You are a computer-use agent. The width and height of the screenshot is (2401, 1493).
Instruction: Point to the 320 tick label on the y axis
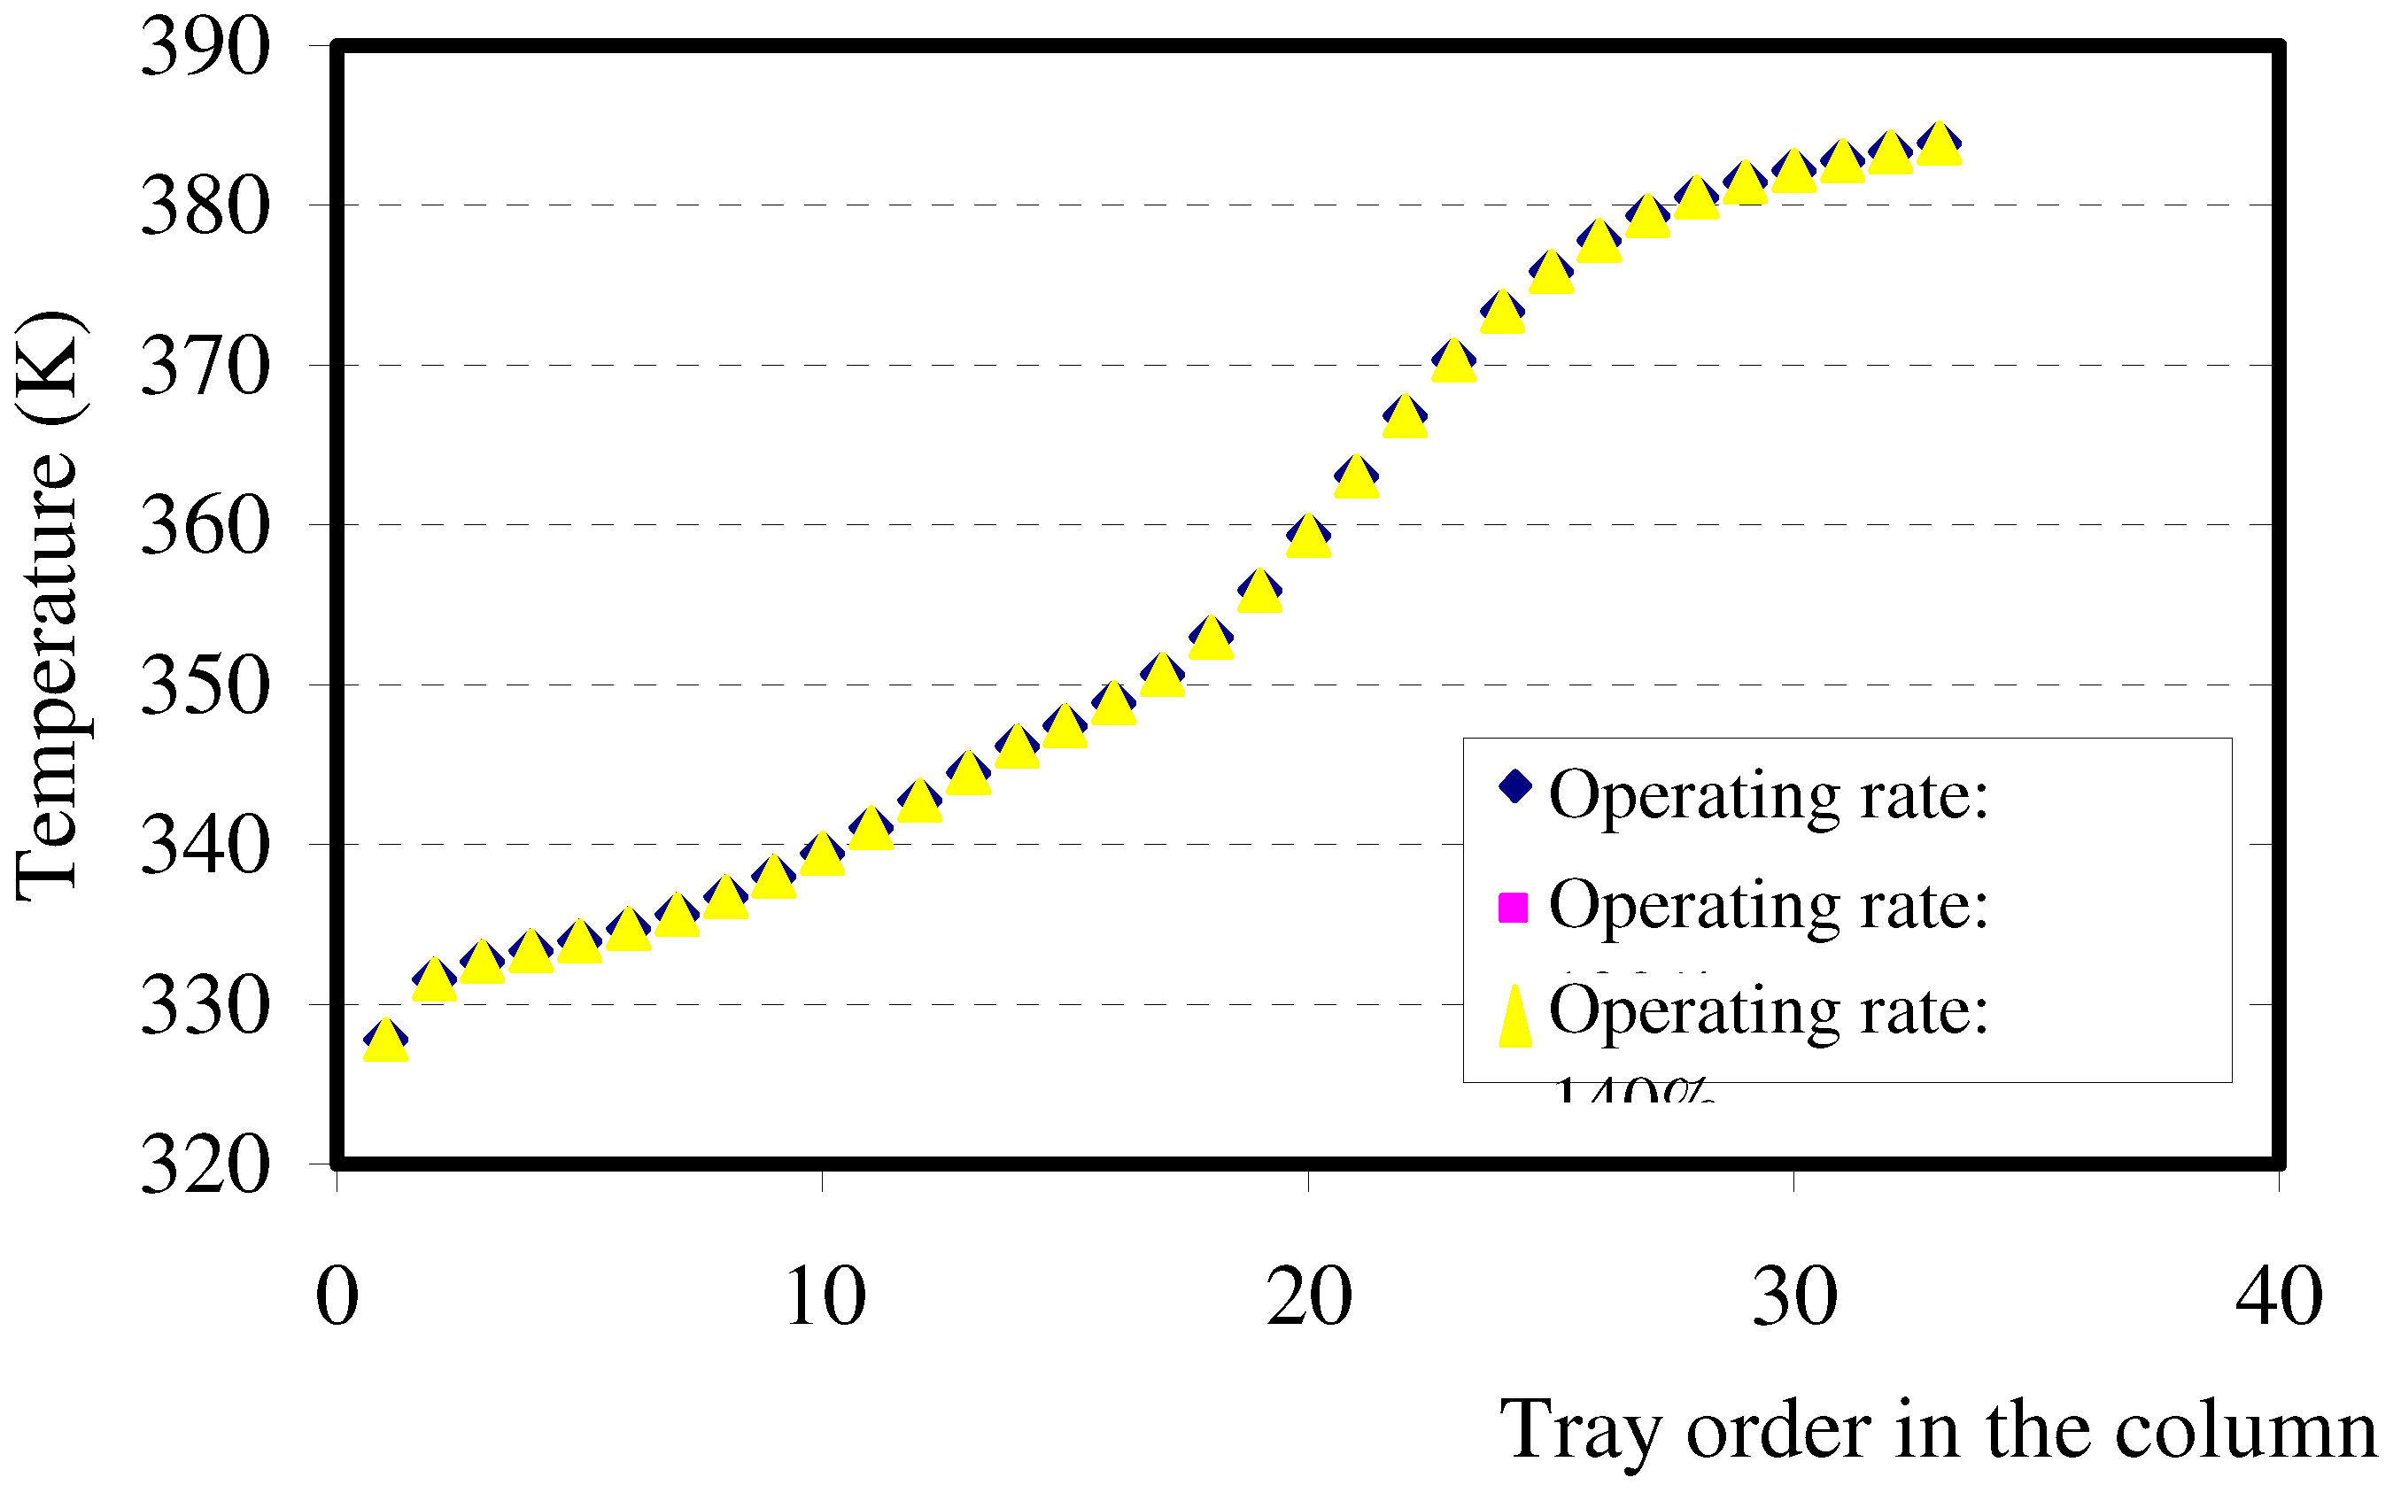(205, 1165)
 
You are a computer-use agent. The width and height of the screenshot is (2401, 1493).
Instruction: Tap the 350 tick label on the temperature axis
(205, 685)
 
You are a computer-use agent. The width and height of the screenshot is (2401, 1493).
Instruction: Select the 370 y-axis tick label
(205, 366)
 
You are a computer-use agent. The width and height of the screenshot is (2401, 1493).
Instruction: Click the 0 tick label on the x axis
(337, 1296)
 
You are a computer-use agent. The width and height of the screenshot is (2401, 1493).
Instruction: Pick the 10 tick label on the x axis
(825, 1296)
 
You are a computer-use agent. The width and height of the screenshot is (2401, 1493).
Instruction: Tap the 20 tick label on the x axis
(1309, 1296)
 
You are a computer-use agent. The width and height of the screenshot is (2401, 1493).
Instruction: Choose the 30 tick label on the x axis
(1795, 1296)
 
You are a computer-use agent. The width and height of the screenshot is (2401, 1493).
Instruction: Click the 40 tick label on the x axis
(2279, 1296)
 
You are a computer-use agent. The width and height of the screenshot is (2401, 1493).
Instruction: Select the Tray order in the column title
(1938, 1430)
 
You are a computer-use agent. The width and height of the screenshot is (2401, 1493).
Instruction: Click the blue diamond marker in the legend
(1514, 787)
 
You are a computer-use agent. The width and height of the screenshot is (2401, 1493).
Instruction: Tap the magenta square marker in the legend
(1513, 907)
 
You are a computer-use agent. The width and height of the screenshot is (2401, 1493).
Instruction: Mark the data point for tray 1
(386, 1040)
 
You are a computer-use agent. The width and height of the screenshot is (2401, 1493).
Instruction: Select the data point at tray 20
(1309, 536)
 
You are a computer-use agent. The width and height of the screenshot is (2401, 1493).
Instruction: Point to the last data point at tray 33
(1939, 144)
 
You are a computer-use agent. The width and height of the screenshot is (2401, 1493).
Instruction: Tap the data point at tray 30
(1793, 172)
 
